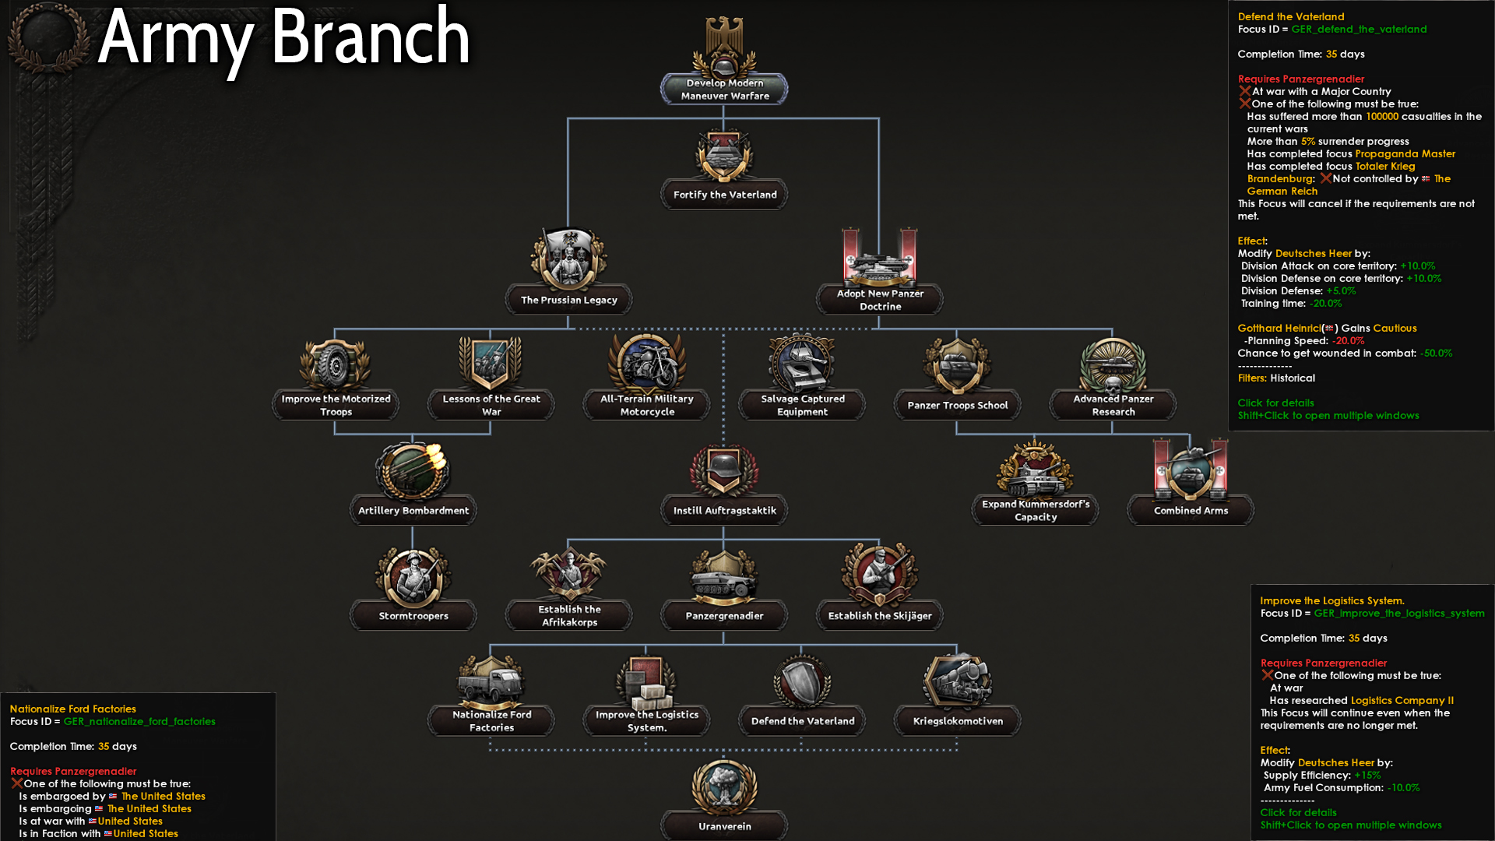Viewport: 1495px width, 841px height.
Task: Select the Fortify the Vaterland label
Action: click(x=725, y=195)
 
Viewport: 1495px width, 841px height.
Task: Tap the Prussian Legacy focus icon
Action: click(x=569, y=259)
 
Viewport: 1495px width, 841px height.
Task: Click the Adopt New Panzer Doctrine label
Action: click(x=880, y=300)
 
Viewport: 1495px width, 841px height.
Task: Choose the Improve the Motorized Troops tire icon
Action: click(x=336, y=364)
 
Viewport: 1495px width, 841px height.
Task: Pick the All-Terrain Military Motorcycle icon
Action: click(x=647, y=364)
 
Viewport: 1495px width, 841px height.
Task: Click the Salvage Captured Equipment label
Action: click(x=802, y=405)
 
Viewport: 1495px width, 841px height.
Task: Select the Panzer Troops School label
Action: click(x=958, y=405)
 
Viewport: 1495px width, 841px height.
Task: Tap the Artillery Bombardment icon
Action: click(x=413, y=470)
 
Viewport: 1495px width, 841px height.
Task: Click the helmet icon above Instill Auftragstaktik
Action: click(x=724, y=470)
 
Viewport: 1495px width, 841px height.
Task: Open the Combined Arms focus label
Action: click(x=1191, y=511)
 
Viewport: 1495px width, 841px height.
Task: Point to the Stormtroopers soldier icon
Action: click(x=413, y=576)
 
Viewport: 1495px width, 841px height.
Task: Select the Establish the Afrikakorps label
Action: click(x=569, y=616)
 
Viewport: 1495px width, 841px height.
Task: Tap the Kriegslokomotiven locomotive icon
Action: click(x=958, y=681)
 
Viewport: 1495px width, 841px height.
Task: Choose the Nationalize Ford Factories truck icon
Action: click(x=491, y=681)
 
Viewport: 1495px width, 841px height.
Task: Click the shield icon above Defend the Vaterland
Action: click(x=802, y=681)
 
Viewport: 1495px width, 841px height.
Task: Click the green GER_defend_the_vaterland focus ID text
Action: click(x=1359, y=30)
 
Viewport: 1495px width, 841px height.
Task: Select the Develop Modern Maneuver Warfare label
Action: click(x=725, y=90)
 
